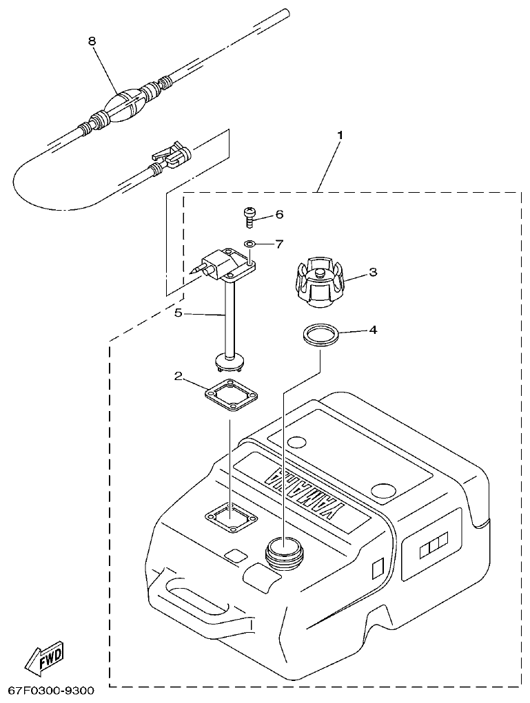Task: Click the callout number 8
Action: click(x=92, y=41)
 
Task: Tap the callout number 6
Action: click(x=279, y=214)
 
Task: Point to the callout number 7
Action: click(x=279, y=243)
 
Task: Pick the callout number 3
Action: click(x=373, y=272)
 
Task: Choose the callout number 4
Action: click(x=373, y=330)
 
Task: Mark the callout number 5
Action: click(x=178, y=313)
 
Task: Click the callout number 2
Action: click(x=178, y=376)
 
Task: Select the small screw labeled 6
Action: click(x=249, y=217)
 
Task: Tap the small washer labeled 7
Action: click(x=250, y=244)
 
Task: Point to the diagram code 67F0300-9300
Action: click(x=52, y=691)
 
